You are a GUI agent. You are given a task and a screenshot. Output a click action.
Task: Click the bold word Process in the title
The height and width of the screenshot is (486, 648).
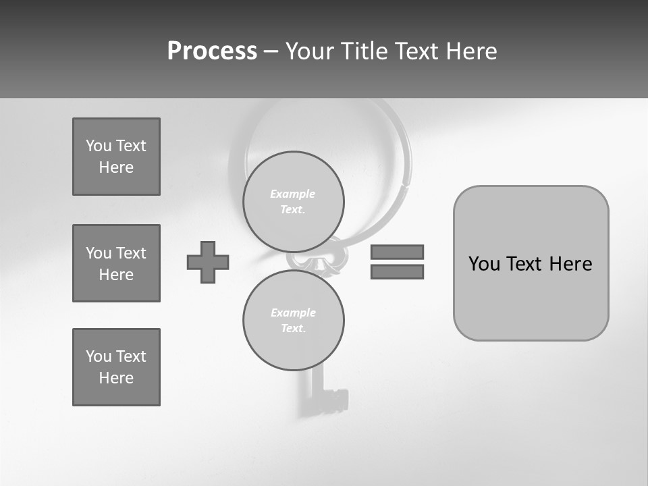click(x=212, y=51)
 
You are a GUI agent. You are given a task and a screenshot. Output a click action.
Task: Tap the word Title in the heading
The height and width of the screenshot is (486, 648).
click(x=369, y=51)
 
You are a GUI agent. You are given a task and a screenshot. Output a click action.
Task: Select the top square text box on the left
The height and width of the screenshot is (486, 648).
click(x=116, y=157)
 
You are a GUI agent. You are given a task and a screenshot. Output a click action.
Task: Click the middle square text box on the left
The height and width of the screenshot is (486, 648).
click(x=116, y=263)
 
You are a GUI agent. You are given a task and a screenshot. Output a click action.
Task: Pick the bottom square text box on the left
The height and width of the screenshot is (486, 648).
click(x=116, y=367)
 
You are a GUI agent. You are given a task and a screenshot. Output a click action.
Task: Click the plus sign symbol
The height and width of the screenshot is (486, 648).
click(x=208, y=262)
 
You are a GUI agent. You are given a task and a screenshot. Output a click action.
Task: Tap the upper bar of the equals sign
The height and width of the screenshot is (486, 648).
click(x=397, y=252)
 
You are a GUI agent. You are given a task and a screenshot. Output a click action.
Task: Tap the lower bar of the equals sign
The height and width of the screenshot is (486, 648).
click(x=397, y=271)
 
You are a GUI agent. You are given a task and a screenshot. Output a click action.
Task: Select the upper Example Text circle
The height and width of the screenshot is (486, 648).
click(x=293, y=201)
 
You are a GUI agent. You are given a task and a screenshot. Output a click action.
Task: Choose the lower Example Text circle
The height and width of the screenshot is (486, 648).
click(x=293, y=320)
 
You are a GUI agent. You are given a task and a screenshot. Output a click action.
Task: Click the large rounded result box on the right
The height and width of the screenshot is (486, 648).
click(x=531, y=263)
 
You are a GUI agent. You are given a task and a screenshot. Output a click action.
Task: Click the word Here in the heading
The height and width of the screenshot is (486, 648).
click(x=470, y=51)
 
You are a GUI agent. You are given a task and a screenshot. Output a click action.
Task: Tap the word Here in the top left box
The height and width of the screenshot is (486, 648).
click(x=116, y=167)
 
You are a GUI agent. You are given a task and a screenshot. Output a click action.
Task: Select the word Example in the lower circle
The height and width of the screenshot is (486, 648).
click(x=293, y=313)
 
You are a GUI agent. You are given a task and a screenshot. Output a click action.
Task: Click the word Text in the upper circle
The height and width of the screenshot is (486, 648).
click(x=292, y=209)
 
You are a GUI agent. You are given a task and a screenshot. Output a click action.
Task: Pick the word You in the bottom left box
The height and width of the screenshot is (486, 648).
click(x=99, y=356)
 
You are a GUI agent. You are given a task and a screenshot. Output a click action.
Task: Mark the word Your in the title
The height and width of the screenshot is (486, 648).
click(x=311, y=51)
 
